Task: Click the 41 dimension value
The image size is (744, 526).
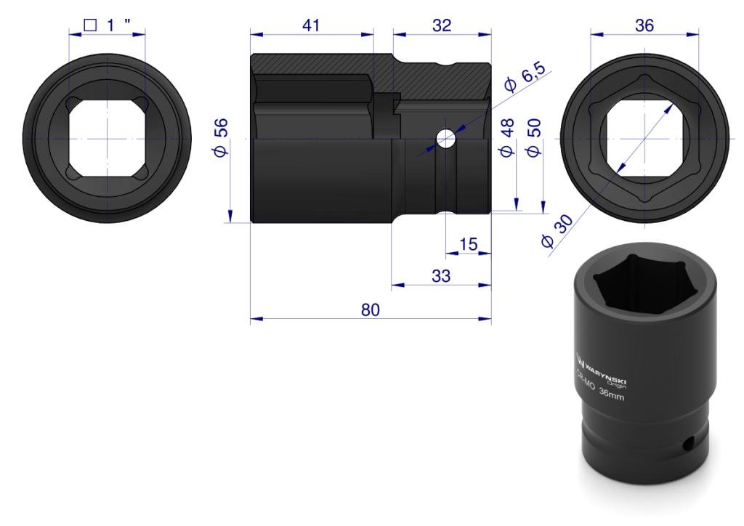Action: [311, 25]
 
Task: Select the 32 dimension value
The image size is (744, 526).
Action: [442, 25]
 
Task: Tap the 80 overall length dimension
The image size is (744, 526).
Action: [370, 309]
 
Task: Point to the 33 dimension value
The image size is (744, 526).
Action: [441, 275]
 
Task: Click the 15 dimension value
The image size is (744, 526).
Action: [469, 244]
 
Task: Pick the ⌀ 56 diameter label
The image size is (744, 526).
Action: [221, 137]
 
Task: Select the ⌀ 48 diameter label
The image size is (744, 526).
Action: [506, 137]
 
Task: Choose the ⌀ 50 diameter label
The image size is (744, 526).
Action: [534, 137]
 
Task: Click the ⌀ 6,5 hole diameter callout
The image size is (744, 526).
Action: [526, 76]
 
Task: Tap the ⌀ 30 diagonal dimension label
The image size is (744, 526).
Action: [557, 231]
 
